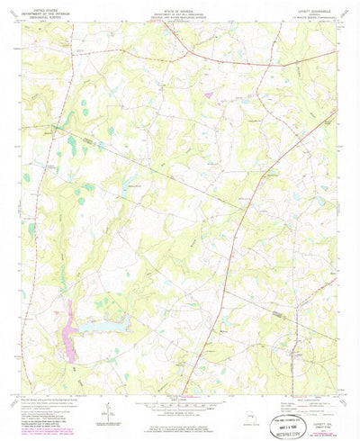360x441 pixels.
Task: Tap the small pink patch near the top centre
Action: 209,93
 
